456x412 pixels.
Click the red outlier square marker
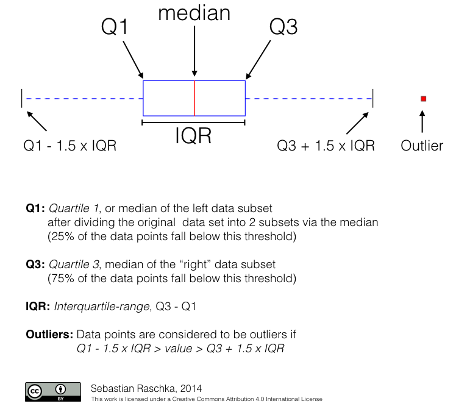pyautogui.click(x=423, y=98)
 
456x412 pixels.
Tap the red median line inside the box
pyautogui.click(x=194, y=98)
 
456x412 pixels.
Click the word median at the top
pyautogui.click(x=194, y=14)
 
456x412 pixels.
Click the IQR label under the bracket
pyautogui.click(x=193, y=136)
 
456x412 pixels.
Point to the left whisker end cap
pyautogui.click(x=22, y=98)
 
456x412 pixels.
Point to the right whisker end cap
pyautogui.click(x=372, y=98)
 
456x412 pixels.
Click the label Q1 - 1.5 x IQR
pyautogui.click(x=69, y=146)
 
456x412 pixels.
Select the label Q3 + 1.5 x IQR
pyautogui.click(x=326, y=146)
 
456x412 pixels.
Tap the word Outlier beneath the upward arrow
pyautogui.click(x=422, y=146)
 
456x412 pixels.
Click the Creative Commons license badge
pyautogui.click(x=52, y=391)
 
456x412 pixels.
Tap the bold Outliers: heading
pyautogui.click(x=49, y=335)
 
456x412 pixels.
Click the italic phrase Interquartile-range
pyautogui.click(x=102, y=306)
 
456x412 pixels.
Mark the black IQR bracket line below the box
pyautogui.click(x=193, y=123)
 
